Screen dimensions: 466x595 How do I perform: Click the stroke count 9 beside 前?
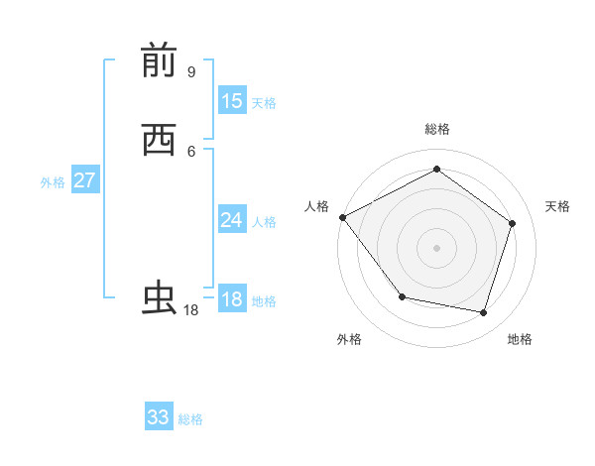(190, 72)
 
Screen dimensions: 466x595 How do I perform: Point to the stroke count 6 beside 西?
(190, 151)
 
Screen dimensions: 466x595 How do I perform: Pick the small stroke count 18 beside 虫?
(191, 310)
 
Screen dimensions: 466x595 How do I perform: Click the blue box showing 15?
(232, 101)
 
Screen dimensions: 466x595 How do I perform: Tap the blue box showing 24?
(232, 220)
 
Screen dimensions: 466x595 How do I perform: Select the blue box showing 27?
(84, 180)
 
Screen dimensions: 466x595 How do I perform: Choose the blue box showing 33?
(159, 417)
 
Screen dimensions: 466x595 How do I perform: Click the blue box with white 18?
(232, 299)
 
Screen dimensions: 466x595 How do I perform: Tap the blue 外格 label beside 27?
(53, 182)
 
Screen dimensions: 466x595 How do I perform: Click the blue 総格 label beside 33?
(190, 419)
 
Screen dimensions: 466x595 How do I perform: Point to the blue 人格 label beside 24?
(264, 222)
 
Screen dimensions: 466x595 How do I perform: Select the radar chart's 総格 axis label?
(436, 129)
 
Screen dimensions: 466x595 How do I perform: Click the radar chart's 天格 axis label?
(558, 206)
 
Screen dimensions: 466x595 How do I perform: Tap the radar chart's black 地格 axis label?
(520, 339)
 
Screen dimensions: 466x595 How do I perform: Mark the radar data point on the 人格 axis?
(342, 217)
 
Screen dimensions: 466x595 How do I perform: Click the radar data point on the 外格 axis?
(402, 296)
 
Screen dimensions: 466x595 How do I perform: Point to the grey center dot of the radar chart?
(436, 248)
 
